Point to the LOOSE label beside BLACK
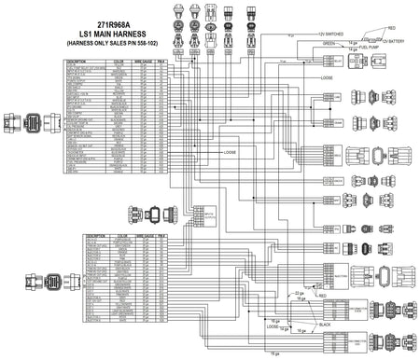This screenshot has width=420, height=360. [273, 327]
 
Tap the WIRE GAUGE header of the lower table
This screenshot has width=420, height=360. [141, 237]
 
